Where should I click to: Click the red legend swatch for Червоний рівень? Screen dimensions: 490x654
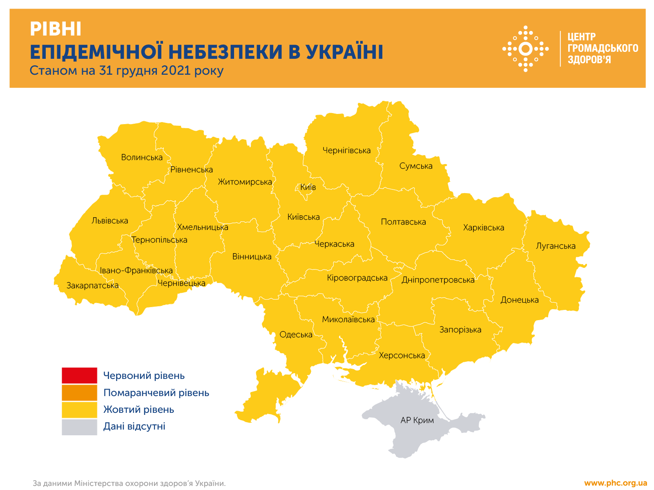click(79, 375)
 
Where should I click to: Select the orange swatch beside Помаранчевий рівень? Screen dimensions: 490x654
click(79, 392)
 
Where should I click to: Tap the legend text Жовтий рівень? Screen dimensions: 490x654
click(138, 410)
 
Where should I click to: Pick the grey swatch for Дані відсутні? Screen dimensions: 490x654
click(79, 427)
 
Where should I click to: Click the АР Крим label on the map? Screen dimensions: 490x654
click(417, 420)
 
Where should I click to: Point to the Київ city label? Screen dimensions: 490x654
click(308, 187)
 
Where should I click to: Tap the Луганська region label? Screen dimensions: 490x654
click(556, 246)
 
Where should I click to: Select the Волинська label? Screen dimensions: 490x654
click(142, 157)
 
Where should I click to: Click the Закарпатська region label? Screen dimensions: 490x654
click(93, 285)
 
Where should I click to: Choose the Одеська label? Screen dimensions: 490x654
click(296, 335)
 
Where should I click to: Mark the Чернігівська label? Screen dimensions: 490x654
click(346, 150)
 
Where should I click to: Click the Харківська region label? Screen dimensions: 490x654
click(483, 227)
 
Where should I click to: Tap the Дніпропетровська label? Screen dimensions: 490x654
click(438, 280)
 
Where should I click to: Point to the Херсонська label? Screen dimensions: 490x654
click(402, 355)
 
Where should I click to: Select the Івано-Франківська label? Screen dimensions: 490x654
click(136, 270)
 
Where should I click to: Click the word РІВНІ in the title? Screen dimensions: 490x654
click(56, 29)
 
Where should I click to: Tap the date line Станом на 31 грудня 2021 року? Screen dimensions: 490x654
click(127, 70)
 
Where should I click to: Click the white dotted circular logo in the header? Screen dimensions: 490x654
click(525, 49)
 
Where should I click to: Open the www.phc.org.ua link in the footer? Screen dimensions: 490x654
click(615, 483)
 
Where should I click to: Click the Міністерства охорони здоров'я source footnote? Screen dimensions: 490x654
click(129, 483)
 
